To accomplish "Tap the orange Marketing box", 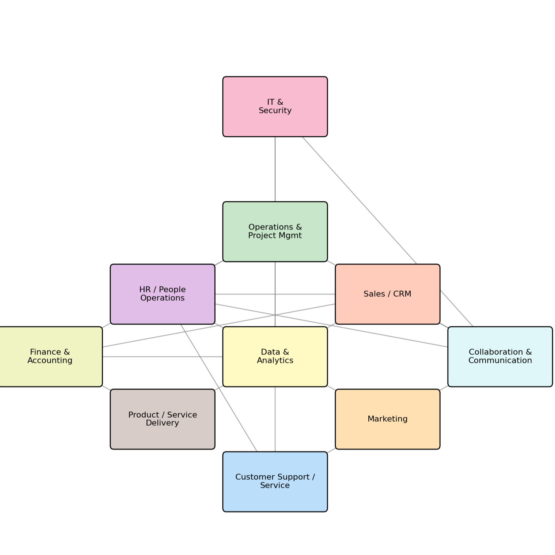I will click(x=387, y=435).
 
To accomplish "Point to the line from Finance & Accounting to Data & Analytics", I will click(x=162, y=357).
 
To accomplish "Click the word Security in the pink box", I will click(x=275, y=110).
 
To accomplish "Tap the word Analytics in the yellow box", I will click(x=275, y=361).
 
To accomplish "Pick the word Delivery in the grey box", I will click(x=162, y=423).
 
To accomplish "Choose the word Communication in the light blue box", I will click(x=500, y=361).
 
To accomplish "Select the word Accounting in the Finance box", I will click(x=50, y=361).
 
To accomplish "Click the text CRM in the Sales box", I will click(x=402, y=294).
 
